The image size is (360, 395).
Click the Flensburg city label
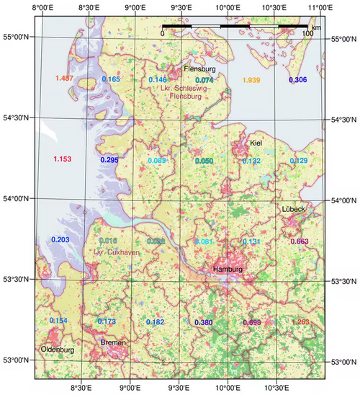point(199,69)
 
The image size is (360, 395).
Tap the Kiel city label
point(256,143)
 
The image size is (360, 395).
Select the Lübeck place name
point(294,209)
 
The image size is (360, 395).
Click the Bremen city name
point(113,342)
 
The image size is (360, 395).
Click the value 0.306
point(298,79)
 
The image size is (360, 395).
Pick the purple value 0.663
point(300,241)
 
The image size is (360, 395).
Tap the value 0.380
point(204,321)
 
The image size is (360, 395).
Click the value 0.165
point(111,79)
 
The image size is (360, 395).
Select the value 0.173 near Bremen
point(107,321)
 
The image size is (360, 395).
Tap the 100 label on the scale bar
point(307,34)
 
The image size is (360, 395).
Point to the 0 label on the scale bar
point(163,34)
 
